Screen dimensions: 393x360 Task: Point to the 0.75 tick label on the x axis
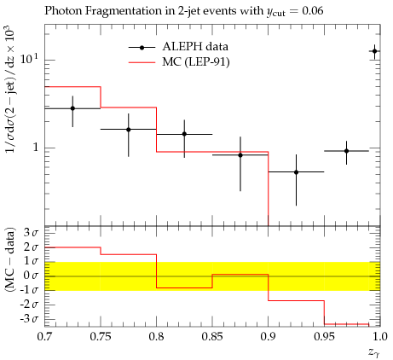pos(101,337)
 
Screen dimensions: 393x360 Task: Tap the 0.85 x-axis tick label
pos(212,337)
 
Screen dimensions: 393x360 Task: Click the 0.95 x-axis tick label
pos(324,337)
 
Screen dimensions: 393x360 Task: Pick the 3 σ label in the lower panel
pos(31,233)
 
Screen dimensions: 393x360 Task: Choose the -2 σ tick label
pos(29,305)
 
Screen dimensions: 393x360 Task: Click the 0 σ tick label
pos(31,276)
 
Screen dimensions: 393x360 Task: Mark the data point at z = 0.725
pos(72,108)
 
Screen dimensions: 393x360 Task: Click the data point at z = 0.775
pos(129,130)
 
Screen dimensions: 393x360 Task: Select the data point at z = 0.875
pos(240,155)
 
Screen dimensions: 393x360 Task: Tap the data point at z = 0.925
pos(296,172)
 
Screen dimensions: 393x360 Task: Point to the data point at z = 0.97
pos(346,151)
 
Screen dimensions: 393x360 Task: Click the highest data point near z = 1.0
pos(374,51)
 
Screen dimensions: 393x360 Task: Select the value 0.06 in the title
pos(313,11)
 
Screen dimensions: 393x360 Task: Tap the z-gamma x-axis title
pos(374,353)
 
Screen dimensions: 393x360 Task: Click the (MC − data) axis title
pos(9,259)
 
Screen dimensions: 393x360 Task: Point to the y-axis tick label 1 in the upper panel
pos(36,148)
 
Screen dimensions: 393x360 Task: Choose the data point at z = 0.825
pos(184,134)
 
